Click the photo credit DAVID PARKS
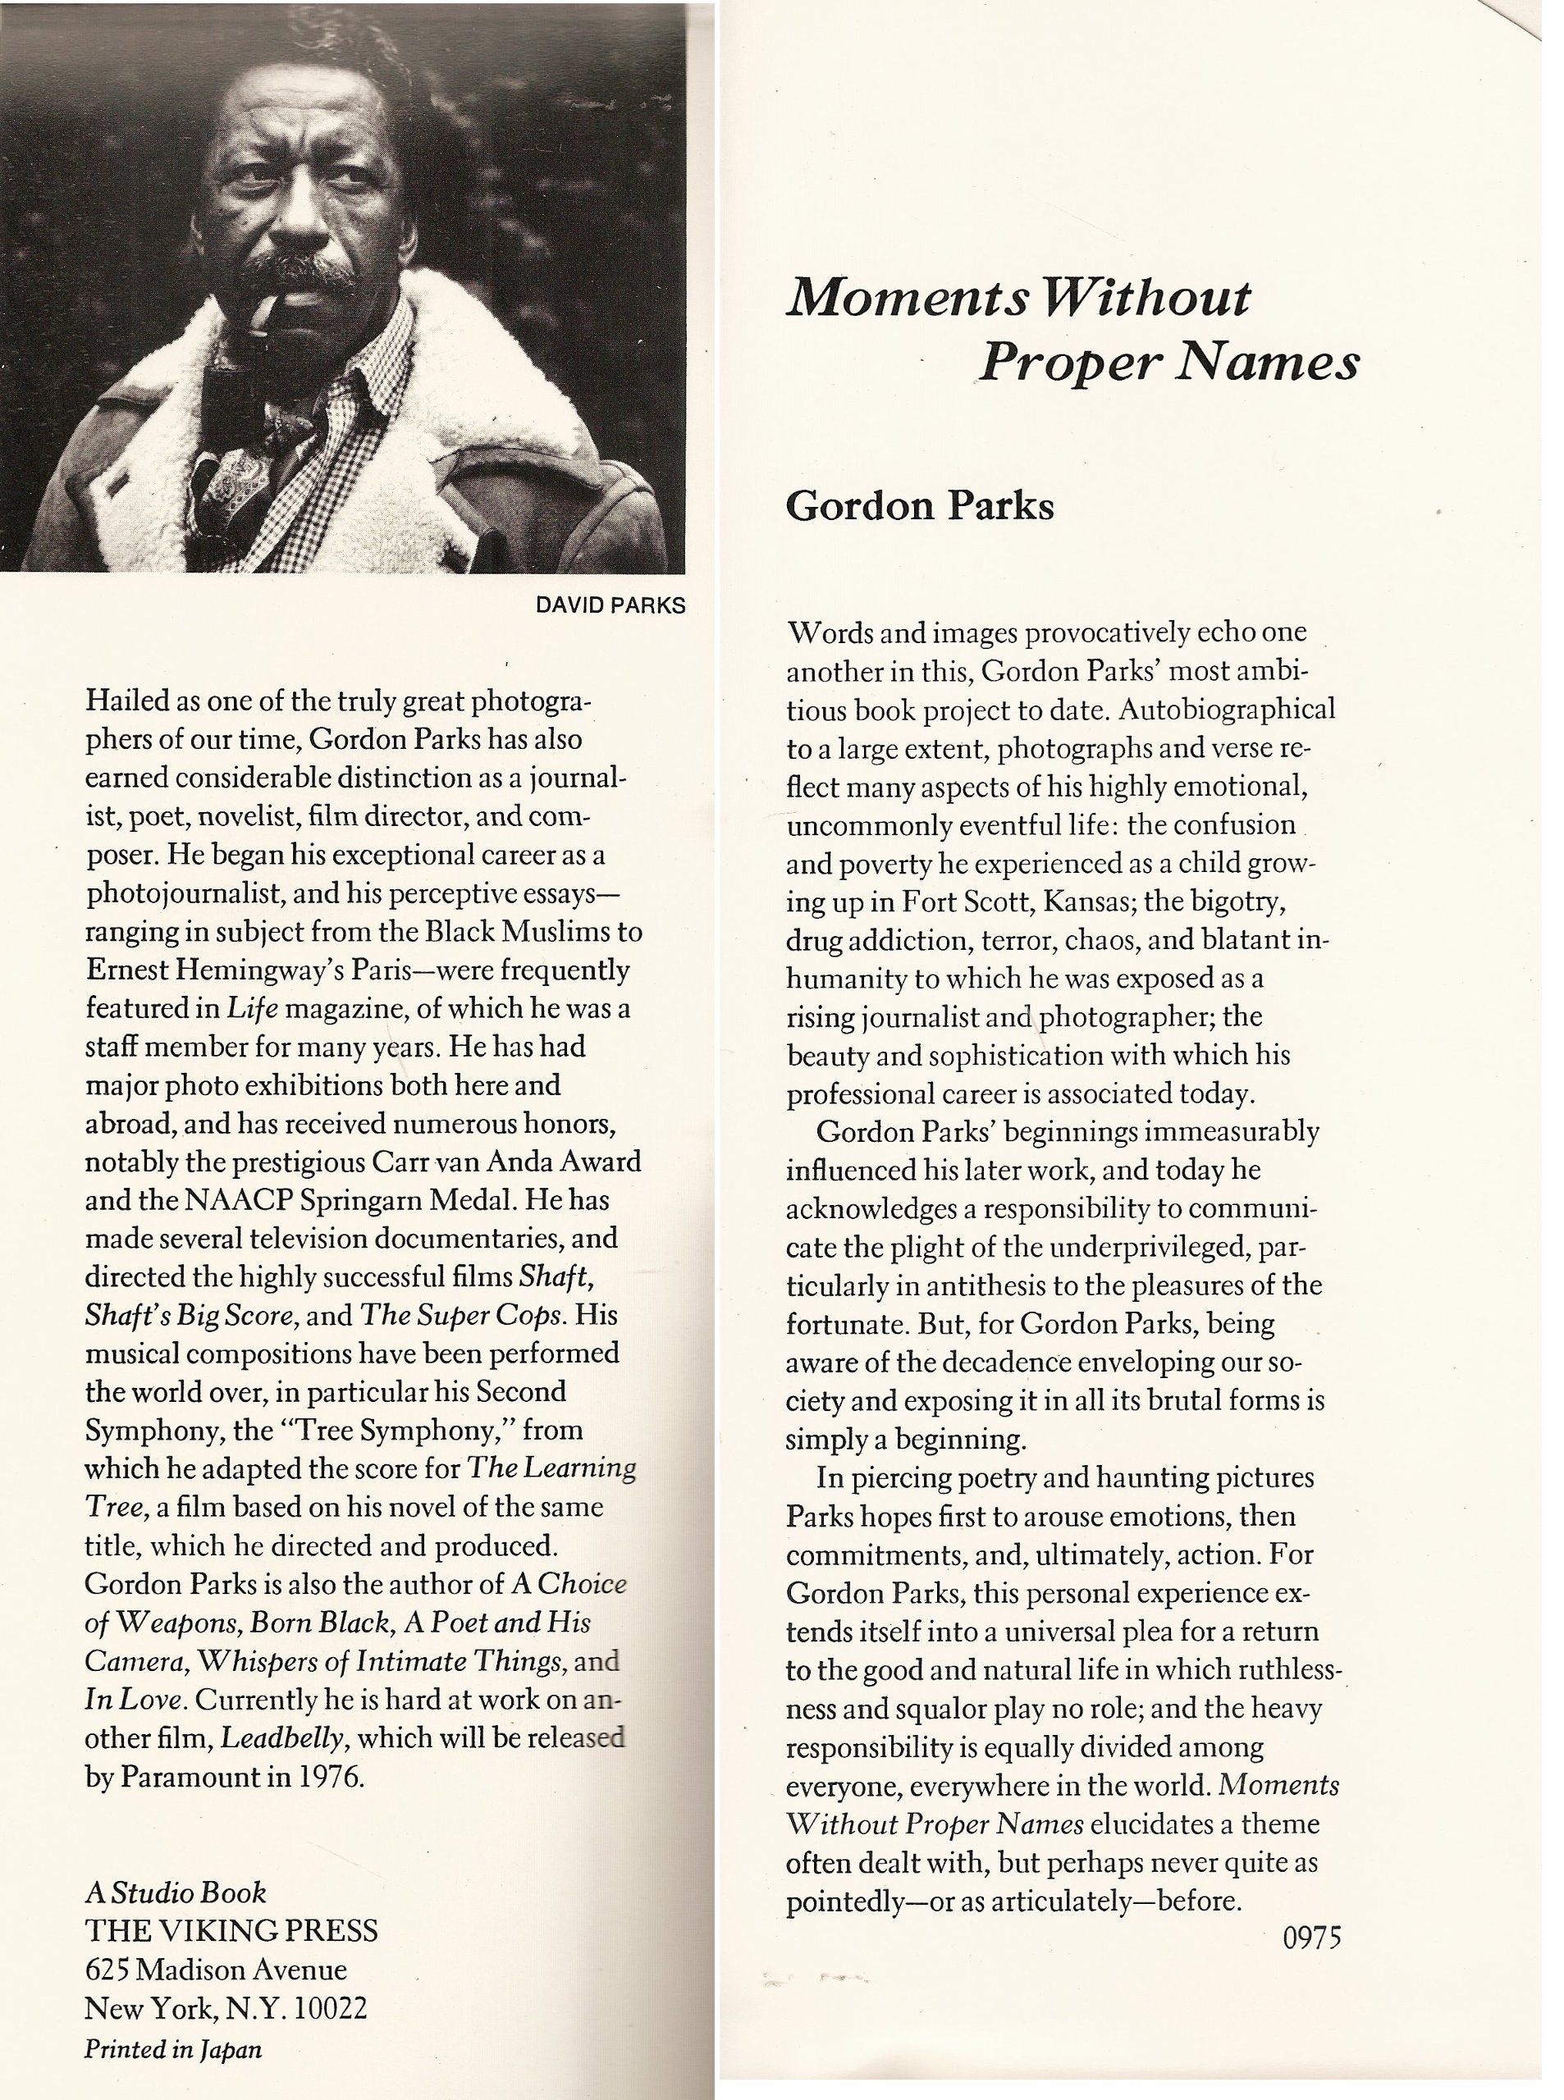point(610,605)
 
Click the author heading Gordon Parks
point(919,507)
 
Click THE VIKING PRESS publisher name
point(231,1930)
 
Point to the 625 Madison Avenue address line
point(216,1970)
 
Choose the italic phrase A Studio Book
point(175,1892)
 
